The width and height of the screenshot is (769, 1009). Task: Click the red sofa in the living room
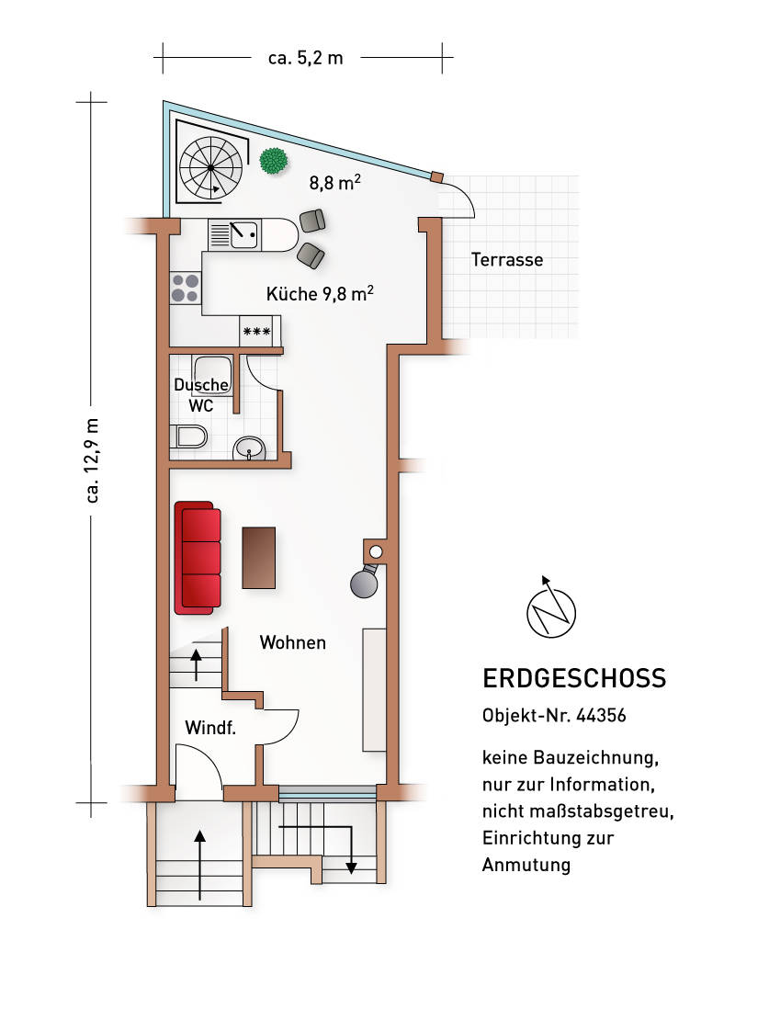tap(198, 557)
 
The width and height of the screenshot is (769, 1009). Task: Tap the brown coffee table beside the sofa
tap(259, 557)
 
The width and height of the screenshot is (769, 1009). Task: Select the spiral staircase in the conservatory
tap(212, 168)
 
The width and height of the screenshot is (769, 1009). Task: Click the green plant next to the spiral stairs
tap(273, 161)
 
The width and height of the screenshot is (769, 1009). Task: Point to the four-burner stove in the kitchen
tap(186, 289)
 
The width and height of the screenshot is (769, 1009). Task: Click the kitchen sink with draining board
tap(234, 234)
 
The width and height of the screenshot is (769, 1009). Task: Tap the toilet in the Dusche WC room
tap(189, 436)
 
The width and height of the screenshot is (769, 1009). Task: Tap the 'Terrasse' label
tap(507, 260)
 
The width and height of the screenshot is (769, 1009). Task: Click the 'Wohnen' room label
tap(292, 642)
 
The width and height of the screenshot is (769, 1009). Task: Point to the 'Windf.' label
tap(211, 729)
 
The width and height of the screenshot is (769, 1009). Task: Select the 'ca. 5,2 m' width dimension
tap(305, 58)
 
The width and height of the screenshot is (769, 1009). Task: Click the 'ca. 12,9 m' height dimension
tap(92, 459)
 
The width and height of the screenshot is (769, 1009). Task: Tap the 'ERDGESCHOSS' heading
tap(573, 679)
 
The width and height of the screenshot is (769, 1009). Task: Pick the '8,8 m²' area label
tap(334, 183)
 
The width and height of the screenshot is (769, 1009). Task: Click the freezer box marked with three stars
tap(256, 331)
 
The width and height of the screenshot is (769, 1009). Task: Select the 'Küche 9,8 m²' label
tap(319, 294)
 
